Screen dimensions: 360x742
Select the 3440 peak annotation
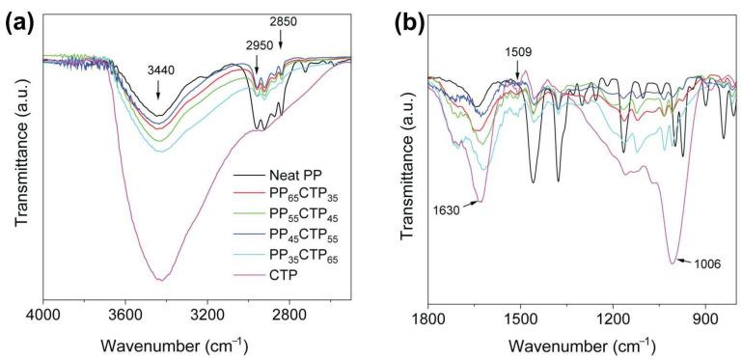pos(158,71)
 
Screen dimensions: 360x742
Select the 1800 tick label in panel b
pos(427,315)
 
